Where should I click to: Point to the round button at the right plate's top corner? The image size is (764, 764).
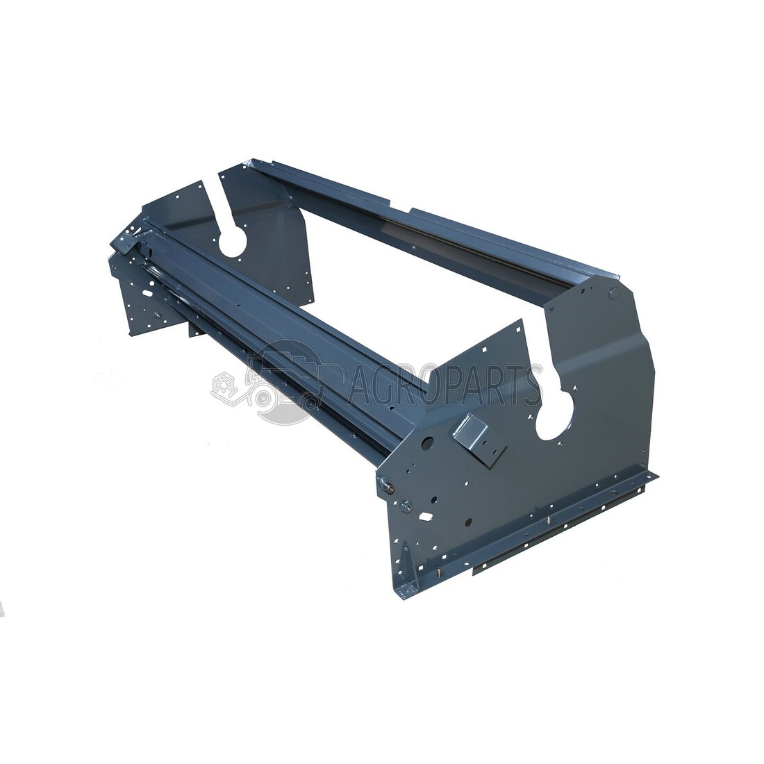[x=613, y=293]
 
